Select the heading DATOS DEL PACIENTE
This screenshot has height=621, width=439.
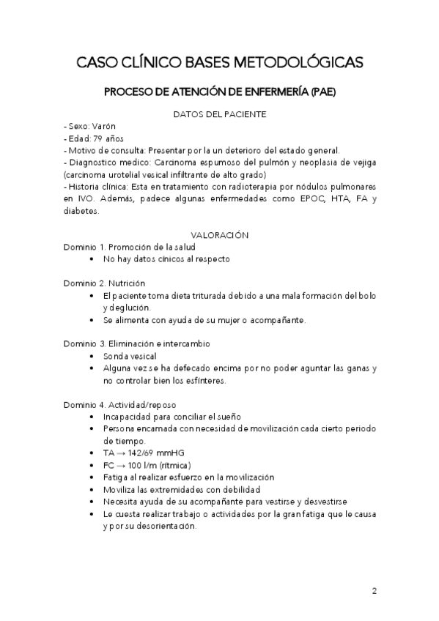[x=219, y=114]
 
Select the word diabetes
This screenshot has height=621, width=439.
[x=81, y=210]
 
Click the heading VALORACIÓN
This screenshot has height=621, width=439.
[x=219, y=235]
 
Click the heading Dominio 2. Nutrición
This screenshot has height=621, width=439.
[x=104, y=283]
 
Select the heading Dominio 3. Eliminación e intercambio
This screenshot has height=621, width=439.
[x=137, y=343]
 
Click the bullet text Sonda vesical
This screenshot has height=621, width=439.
[x=130, y=355]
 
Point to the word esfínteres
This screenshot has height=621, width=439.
[x=206, y=380]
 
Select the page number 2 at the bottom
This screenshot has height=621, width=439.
[x=374, y=590]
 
